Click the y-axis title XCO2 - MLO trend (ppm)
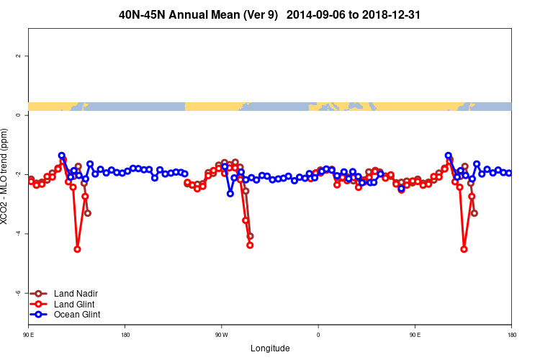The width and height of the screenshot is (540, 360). tap(6, 176)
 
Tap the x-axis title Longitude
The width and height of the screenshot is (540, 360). tap(270, 348)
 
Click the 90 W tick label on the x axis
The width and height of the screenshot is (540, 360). tap(221, 335)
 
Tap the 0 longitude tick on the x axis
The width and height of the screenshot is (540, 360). tap(318, 335)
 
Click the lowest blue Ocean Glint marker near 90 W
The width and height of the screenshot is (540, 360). tap(230, 193)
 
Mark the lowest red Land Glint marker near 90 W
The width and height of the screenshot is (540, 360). tap(250, 245)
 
